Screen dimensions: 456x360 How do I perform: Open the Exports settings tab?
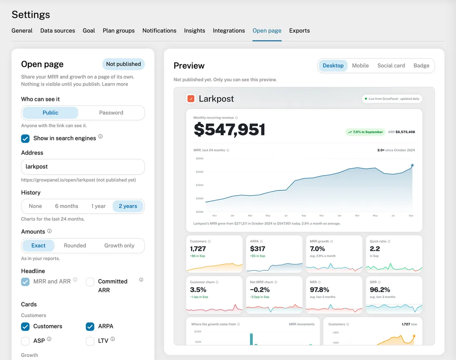[x=299, y=30]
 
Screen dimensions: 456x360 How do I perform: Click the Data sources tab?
[x=57, y=30]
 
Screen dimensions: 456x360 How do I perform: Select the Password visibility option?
[x=111, y=113]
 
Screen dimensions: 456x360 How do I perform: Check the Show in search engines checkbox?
[x=25, y=138]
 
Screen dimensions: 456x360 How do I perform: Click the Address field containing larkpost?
[x=83, y=167]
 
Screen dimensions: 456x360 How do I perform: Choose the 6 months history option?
[x=67, y=206]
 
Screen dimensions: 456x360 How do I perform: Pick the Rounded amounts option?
[x=75, y=246]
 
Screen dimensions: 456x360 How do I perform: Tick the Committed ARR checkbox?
[x=90, y=282]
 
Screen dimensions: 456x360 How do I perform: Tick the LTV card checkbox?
[x=90, y=341]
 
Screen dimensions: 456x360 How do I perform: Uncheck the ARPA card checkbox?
[x=90, y=327]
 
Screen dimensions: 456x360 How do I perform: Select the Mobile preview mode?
[x=360, y=66]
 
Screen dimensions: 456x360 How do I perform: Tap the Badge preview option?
[x=421, y=66]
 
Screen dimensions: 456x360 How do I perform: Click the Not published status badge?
[x=123, y=64]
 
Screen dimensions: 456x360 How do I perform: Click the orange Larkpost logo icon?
[x=191, y=99]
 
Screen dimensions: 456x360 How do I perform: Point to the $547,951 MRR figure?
[x=229, y=130]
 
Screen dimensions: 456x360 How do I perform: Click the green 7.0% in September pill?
[x=365, y=132]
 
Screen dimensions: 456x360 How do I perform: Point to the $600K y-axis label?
[x=200, y=159]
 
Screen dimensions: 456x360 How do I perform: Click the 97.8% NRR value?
[x=319, y=290]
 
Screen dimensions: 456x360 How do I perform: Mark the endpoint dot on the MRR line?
[x=412, y=165]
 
